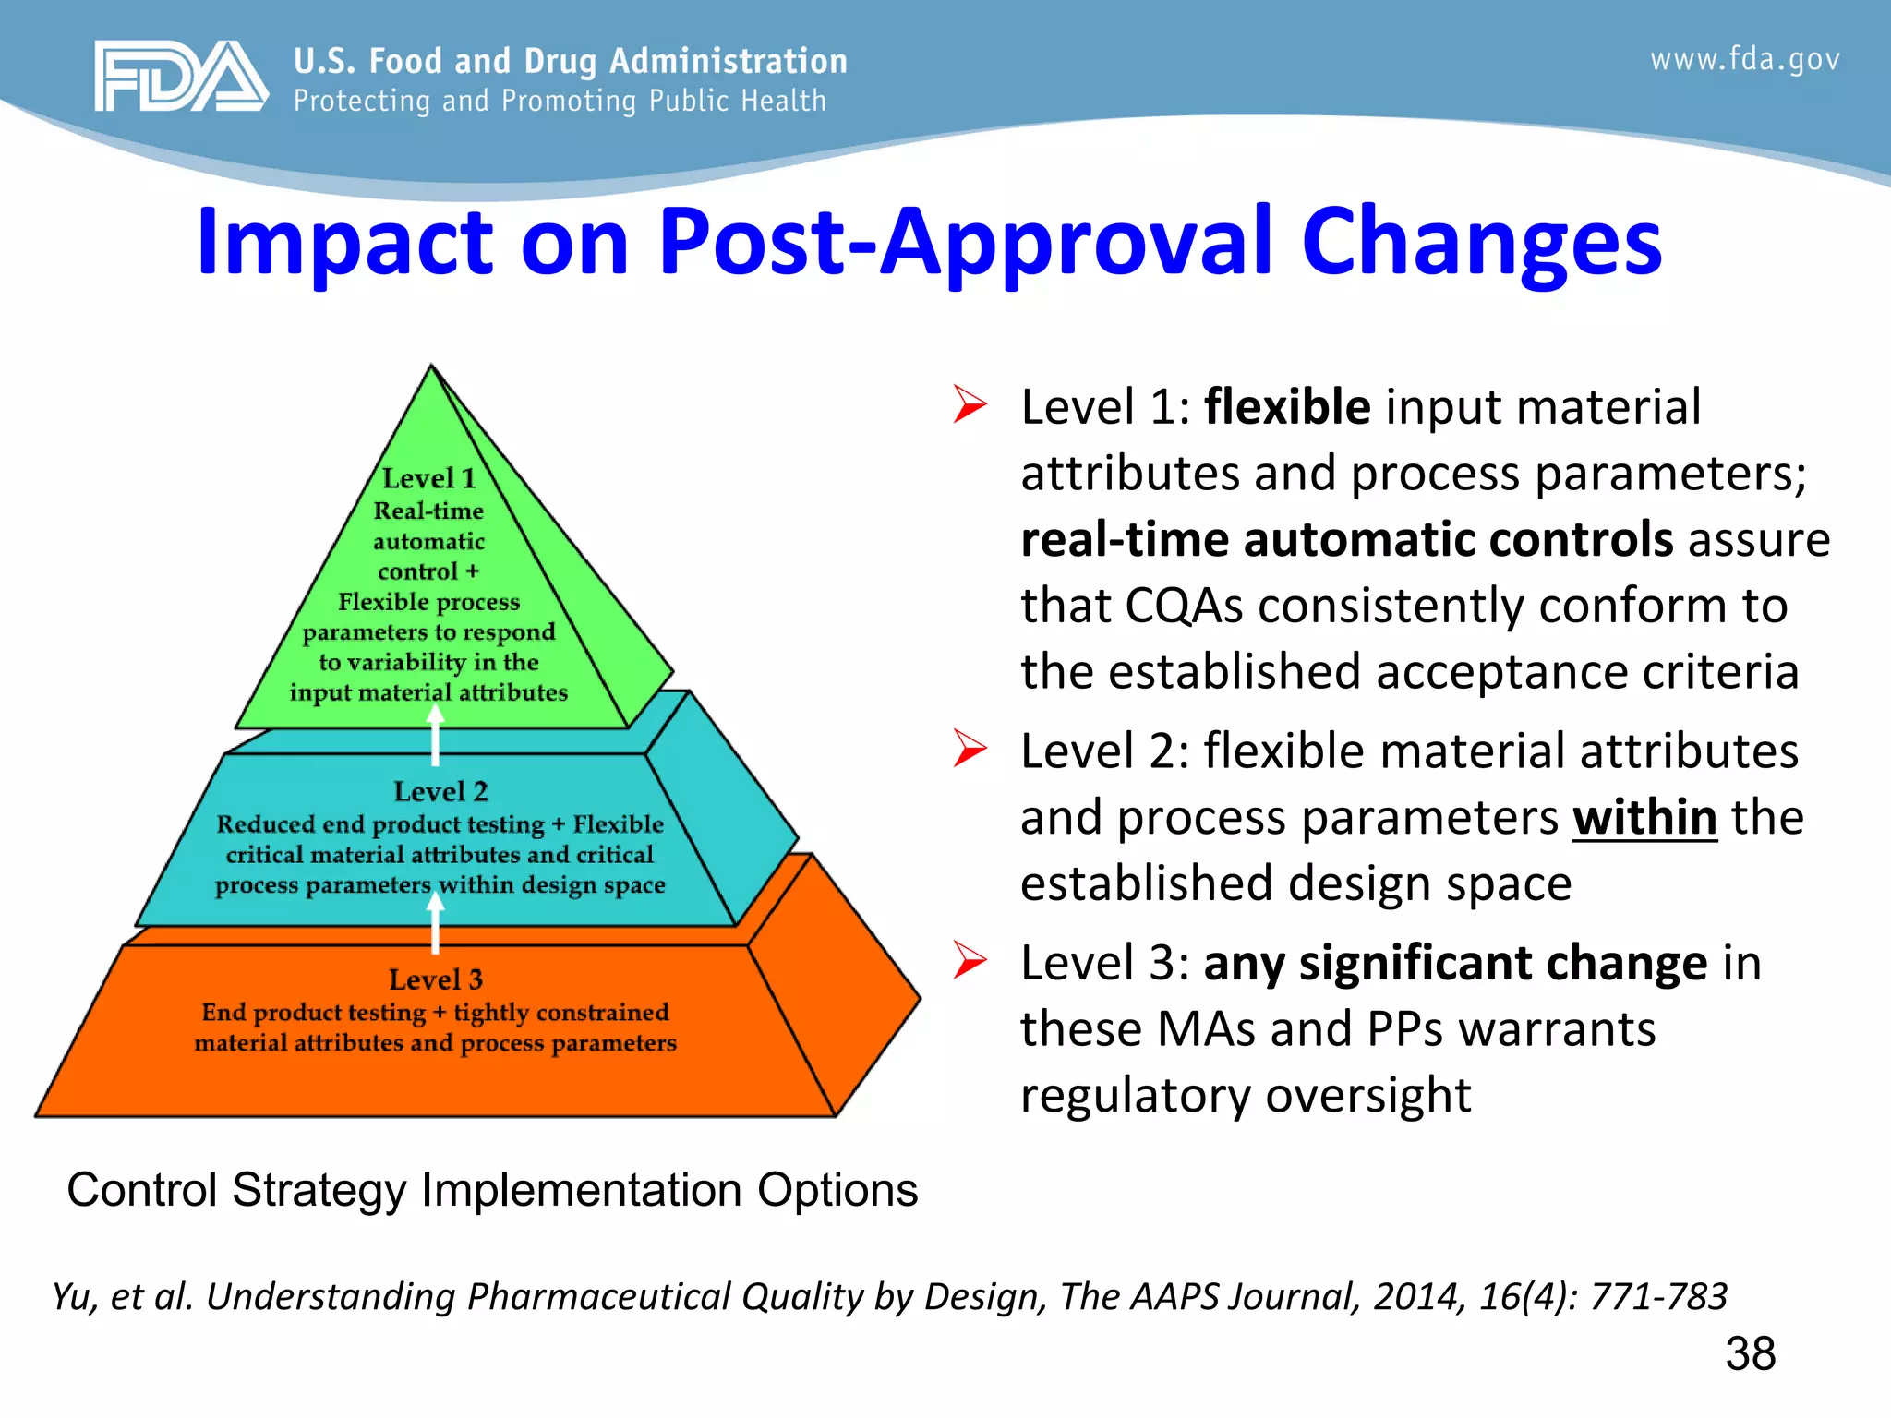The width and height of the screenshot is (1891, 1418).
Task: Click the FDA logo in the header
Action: pos(180,77)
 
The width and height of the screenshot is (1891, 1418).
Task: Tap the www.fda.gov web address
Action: pos(1744,60)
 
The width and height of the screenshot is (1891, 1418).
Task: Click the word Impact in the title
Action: pos(344,242)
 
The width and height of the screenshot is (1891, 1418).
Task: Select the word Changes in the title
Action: pos(1481,242)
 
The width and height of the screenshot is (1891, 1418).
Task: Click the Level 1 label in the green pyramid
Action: pos(428,478)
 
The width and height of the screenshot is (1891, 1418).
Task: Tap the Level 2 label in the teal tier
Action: pos(440,791)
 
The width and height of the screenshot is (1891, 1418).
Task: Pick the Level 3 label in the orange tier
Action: pos(435,979)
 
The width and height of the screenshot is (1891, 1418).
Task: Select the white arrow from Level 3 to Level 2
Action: pos(436,923)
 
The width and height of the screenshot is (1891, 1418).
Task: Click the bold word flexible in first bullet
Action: pos(1287,407)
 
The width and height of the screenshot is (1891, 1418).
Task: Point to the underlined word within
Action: pos(1644,818)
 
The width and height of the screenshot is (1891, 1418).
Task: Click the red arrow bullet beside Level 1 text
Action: pos(970,404)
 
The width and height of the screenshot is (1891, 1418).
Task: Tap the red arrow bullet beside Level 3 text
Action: pos(970,960)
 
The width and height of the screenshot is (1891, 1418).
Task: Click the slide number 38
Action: pos(1750,1354)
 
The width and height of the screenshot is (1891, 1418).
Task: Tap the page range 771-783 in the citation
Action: pos(1657,1296)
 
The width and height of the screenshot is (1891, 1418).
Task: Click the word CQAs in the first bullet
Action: pos(1184,607)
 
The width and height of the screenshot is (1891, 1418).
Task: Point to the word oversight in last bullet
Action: pos(1367,1096)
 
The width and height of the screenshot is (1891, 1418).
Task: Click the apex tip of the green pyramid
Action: pos(431,367)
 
